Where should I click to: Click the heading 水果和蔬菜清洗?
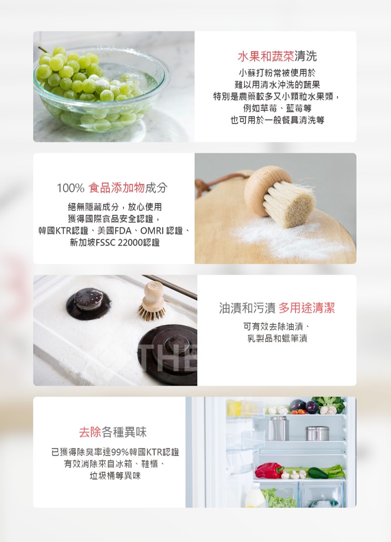277,57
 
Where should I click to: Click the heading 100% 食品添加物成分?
112,187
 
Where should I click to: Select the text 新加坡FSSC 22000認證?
115,242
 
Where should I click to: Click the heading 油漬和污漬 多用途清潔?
276,308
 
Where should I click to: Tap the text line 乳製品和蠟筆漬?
277,338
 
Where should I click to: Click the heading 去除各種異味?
112,432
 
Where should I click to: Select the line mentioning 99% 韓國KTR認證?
115,452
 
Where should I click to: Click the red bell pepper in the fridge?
269,470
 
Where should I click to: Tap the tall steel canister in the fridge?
278,428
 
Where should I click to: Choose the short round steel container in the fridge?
317,433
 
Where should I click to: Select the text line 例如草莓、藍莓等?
277,109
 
